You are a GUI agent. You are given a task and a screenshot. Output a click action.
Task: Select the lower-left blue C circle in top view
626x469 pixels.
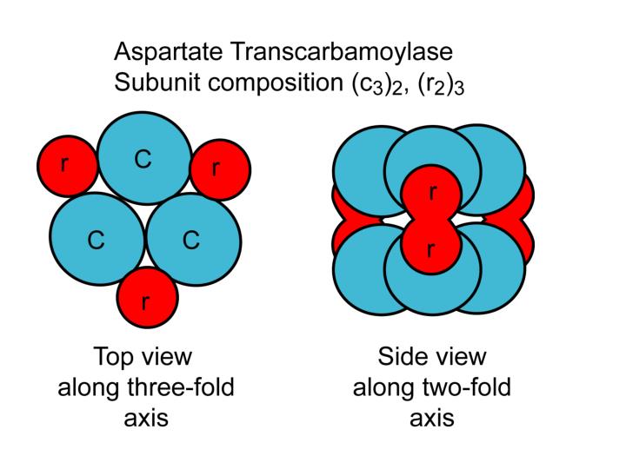(x=96, y=240)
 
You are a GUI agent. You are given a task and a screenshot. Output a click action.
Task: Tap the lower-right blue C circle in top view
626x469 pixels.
(x=192, y=240)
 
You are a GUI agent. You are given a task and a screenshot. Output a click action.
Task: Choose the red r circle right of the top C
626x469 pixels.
(x=219, y=167)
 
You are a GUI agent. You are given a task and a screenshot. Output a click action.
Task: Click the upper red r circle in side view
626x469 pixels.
(x=432, y=195)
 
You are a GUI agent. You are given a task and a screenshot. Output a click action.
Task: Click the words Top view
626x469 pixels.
(x=142, y=358)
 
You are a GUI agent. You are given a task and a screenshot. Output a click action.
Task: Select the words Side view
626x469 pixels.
(x=432, y=358)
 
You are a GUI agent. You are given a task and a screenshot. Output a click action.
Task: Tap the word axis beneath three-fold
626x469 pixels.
(x=145, y=418)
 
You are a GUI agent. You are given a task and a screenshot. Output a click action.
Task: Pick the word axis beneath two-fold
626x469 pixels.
(x=432, y=418)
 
